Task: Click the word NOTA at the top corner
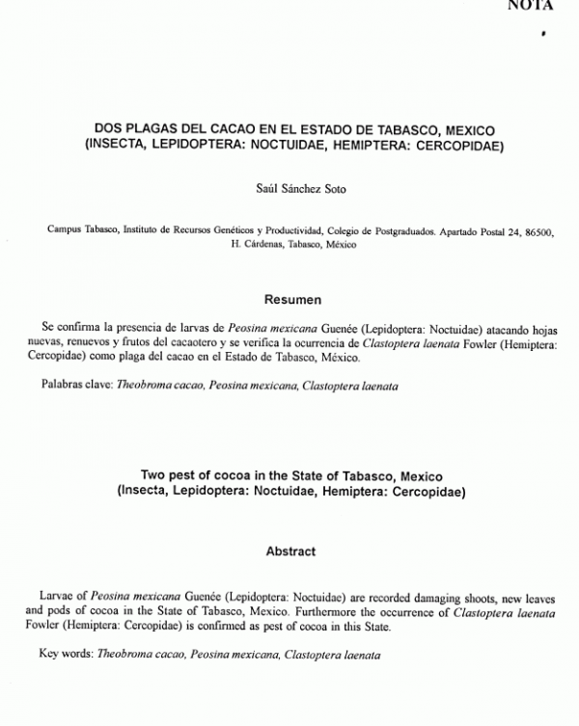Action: coord(530,6)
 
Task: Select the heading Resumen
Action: coord(292,300)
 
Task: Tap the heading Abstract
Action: coord(290,551)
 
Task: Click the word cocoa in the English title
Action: coord(241,476)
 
